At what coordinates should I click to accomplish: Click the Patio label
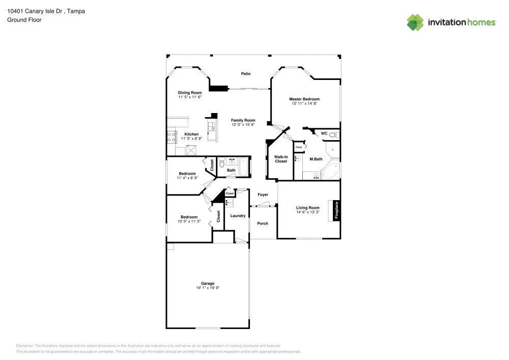pos(245,74)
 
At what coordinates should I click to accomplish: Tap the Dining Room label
pos(190,93)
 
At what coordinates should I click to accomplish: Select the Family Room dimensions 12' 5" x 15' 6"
pos(243,124)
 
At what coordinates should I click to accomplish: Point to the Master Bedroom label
pos(304,99)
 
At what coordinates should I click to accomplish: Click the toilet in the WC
pos(333,135)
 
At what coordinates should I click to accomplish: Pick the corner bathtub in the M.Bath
pos(331,172)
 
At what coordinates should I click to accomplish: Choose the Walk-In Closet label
pos(281,159)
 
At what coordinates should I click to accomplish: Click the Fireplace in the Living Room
pos(336,210)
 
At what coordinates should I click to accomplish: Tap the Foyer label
pos(263,195)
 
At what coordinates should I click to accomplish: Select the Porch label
pos(263,224)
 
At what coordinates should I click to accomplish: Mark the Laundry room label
pos(238,216)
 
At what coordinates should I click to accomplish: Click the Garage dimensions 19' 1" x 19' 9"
pos(207,288)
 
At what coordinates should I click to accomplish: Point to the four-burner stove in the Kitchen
pos(171,135)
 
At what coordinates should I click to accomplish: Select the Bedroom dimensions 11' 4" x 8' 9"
pos(187,178)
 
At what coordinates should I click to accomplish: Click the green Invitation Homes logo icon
pos(415,22)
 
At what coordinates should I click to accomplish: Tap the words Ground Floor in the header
pos(24,20)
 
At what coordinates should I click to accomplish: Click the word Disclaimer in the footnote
pos(25,345)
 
